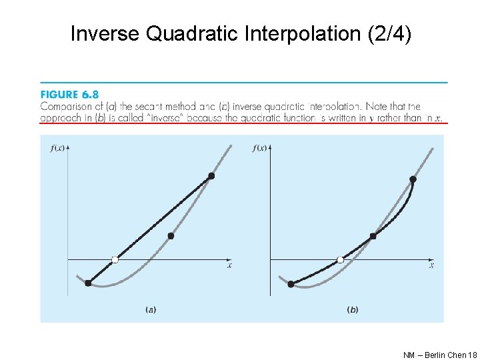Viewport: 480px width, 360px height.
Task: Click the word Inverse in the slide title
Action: pos(104,33)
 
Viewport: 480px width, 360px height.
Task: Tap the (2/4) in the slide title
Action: pos(389,33)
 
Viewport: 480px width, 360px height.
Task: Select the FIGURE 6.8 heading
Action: pos(69,95)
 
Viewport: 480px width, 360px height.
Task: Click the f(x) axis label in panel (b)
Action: pos(261,147)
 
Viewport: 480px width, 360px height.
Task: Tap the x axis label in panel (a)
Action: pos(229,265)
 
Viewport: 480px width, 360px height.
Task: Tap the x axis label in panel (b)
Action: pos(431,265)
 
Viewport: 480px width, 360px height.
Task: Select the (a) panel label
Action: pos(151,309)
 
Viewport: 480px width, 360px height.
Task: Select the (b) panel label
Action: pos(353,309)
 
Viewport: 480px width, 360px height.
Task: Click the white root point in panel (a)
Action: pos(115,259)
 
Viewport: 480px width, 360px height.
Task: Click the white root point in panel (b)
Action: pos(341,259)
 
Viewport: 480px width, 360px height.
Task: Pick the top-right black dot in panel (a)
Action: pos(211,176)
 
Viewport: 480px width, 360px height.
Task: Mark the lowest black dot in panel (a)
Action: pos(88,283)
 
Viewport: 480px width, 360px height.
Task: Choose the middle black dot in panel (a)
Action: pos(171,236)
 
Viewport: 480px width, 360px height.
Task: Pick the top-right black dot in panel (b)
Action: pos(413,179)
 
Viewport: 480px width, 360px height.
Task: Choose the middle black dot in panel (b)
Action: pos(373,236)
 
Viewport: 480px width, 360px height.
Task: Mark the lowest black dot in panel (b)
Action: pos(291,284)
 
